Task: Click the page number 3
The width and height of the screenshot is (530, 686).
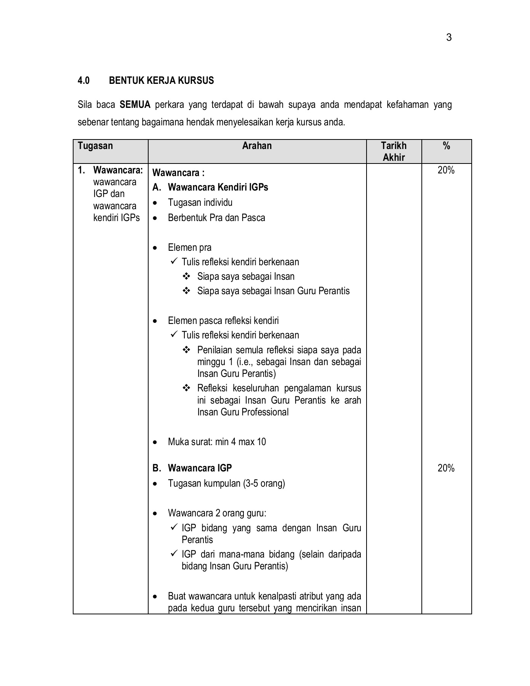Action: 448,37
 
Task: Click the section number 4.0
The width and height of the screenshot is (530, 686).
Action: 83,81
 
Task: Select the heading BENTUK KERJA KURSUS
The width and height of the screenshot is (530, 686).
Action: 161,81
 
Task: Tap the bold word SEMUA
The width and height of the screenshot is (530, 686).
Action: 135,104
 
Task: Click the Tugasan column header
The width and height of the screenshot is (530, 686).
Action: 95,146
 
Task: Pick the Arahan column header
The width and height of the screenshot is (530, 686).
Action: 257,146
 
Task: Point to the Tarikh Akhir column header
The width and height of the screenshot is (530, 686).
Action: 394,151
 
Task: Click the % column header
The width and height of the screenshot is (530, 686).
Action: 446,146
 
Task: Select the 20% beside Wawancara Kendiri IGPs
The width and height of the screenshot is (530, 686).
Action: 446,170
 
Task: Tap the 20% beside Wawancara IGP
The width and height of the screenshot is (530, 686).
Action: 446,468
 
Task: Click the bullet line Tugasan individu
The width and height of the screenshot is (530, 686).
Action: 200,203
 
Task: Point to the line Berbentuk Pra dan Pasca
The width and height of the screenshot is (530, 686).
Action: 216,218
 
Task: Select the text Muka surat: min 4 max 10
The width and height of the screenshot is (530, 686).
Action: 217,442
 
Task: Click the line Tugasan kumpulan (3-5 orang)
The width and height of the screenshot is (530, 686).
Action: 226,484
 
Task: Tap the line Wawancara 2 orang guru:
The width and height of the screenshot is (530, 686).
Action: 217,513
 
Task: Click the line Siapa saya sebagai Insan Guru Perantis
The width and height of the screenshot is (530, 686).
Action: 273,291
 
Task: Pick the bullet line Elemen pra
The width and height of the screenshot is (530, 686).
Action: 189,248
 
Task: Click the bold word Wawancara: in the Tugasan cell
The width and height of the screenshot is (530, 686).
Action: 118,170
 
